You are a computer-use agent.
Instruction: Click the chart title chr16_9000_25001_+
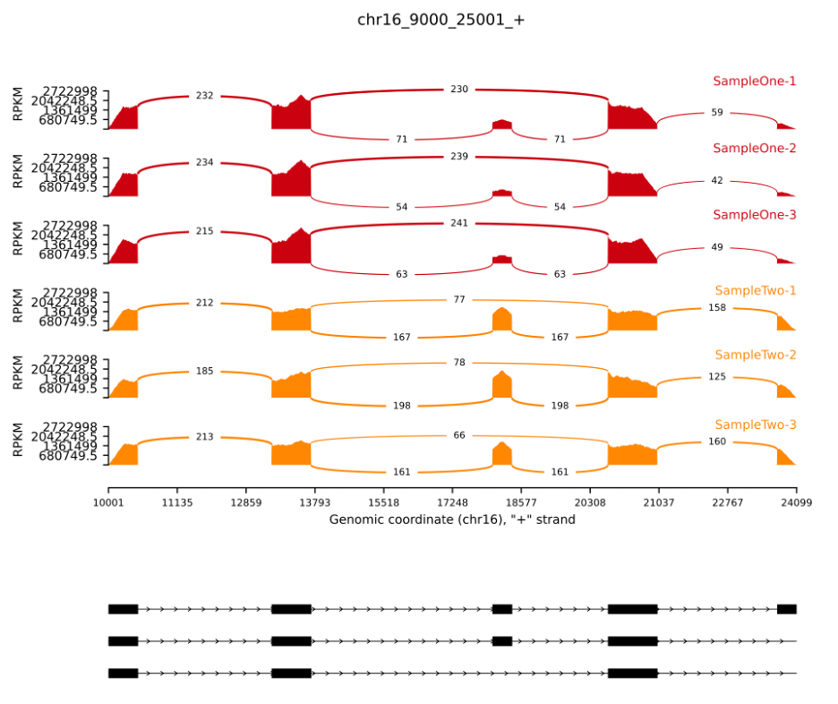440,19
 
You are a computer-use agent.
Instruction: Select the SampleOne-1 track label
754,81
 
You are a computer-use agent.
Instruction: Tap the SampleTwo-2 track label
755,355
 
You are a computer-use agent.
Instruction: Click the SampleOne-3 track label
754,215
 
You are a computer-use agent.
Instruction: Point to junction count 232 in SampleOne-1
204,96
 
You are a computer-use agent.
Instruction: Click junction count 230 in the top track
459,90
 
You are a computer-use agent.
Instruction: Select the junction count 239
459,157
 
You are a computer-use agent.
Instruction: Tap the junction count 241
459,223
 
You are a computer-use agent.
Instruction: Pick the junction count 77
459,299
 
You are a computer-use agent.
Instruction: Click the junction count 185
204,370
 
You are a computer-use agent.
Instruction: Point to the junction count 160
717,442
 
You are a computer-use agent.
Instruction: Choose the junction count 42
717,181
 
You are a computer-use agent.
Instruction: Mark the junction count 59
717,113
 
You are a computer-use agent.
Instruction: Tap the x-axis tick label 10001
108,503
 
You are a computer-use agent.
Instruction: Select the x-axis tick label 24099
795,503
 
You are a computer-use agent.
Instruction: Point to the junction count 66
459,435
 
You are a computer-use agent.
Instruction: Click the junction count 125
717,377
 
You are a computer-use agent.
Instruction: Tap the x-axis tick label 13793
314,503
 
